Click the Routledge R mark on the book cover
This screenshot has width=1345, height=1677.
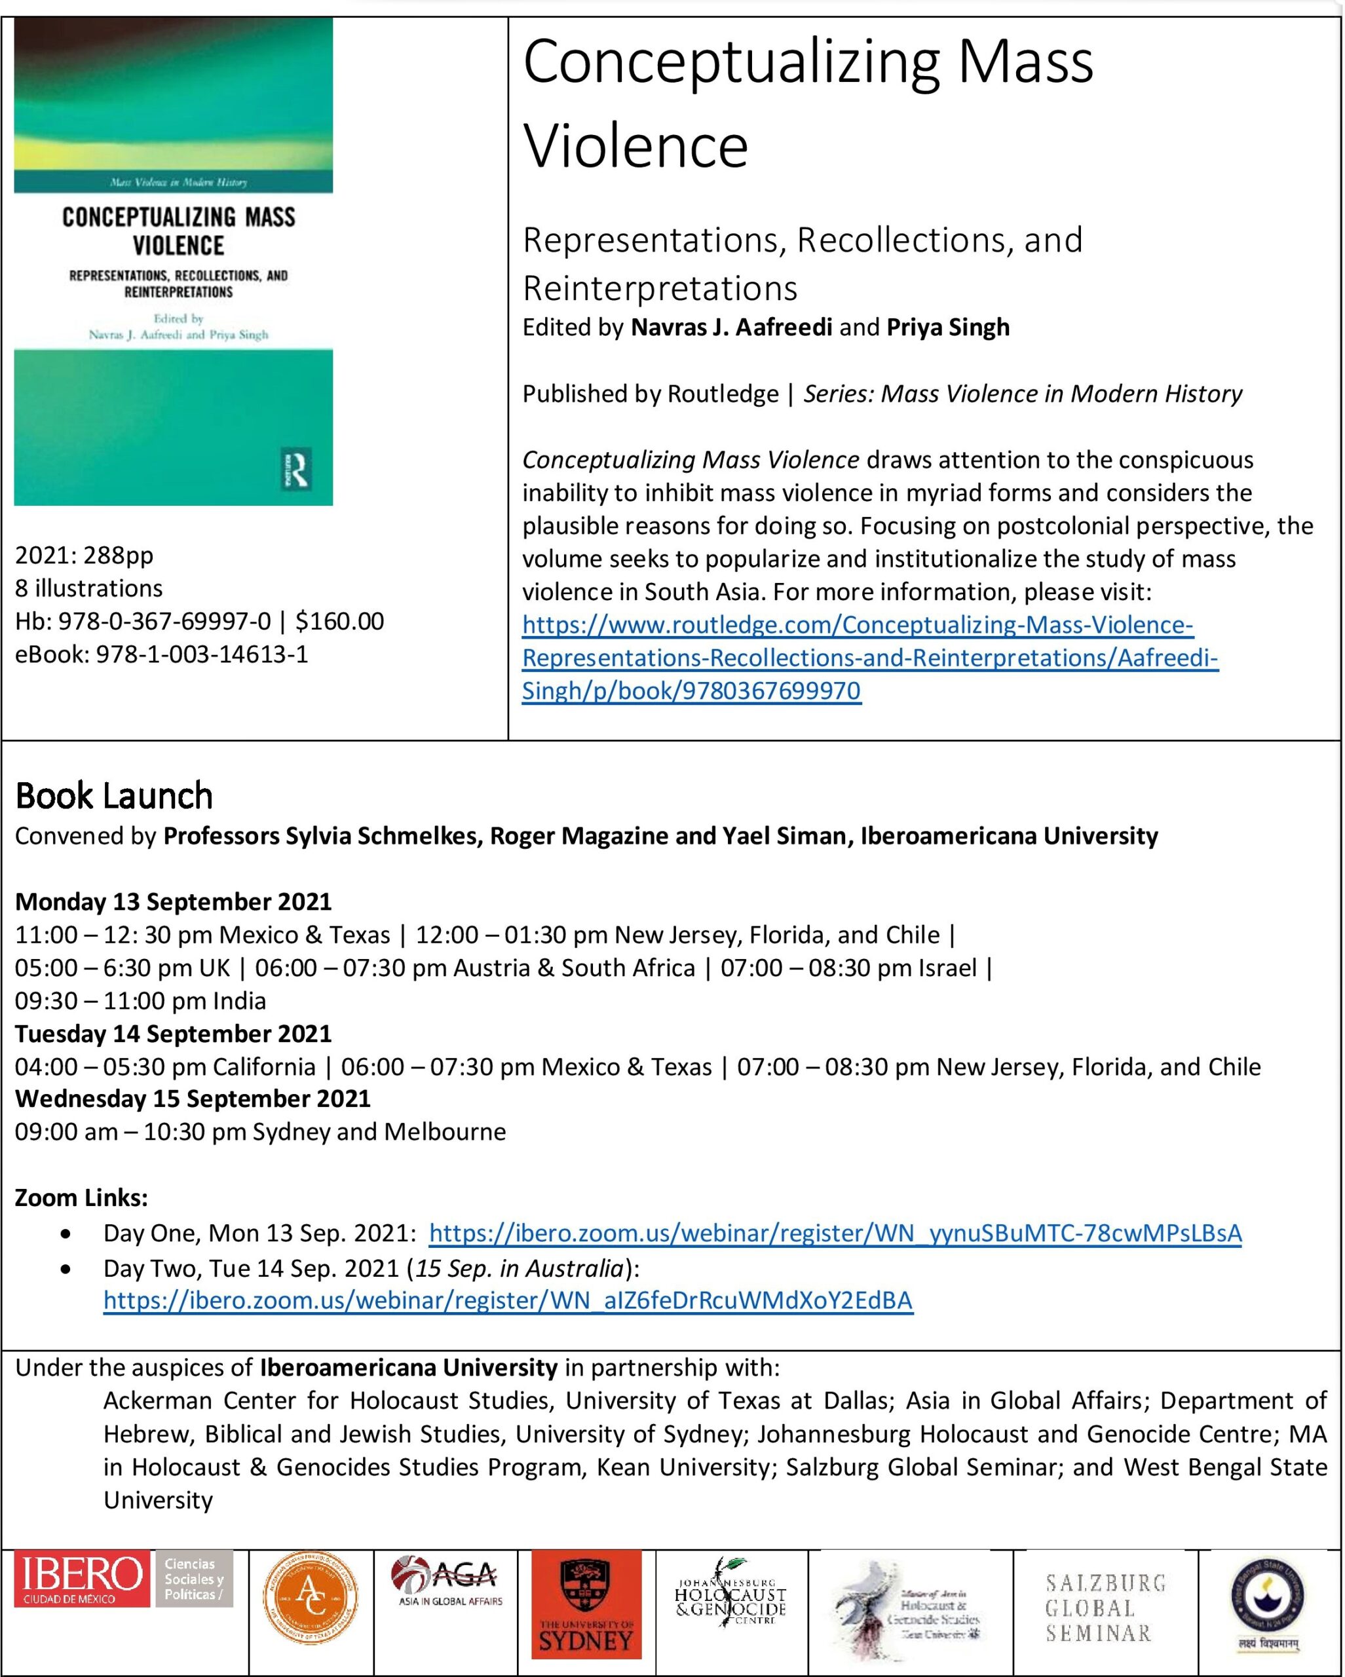(297, 468)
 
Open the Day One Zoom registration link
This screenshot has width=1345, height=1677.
(835, 1233)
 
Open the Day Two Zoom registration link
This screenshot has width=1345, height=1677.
(508, 1300)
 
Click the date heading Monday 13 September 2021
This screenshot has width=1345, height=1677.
(174, 901)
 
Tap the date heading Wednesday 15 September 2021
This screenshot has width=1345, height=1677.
(192, 1099)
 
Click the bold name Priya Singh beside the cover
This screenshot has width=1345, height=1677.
(947, 328)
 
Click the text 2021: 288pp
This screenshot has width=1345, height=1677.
(84, 556)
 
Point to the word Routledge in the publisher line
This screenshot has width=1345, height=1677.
(723, 394)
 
